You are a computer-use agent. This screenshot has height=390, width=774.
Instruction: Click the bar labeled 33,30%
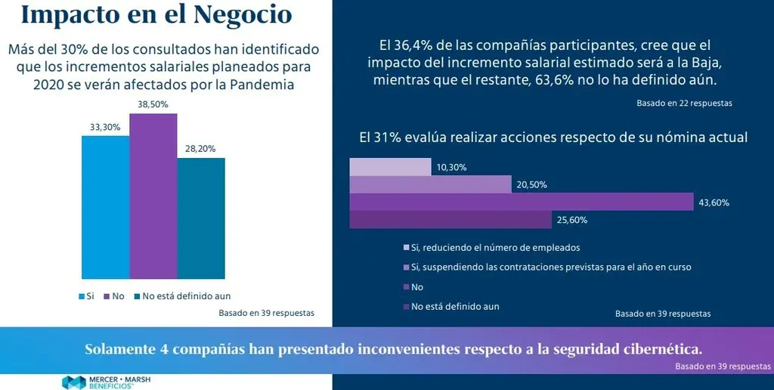(x=105, y=207)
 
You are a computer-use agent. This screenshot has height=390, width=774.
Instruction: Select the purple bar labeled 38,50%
(x=153, y=196)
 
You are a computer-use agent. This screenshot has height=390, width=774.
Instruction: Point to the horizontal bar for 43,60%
(x=521, y=202)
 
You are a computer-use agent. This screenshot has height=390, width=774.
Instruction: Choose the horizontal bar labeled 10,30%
(x=390, y=166)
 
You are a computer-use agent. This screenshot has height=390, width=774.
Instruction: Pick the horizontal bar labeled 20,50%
(x=430, y=184)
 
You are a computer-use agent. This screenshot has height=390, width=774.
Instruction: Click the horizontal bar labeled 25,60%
(x=450, y=219)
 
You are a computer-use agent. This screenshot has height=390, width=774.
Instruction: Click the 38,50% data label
(x=153, y=104)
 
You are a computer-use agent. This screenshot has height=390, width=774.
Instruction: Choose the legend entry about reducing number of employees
(x=496, y=247)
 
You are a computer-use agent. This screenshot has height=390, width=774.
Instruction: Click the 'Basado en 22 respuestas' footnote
(x=684, y=103)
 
